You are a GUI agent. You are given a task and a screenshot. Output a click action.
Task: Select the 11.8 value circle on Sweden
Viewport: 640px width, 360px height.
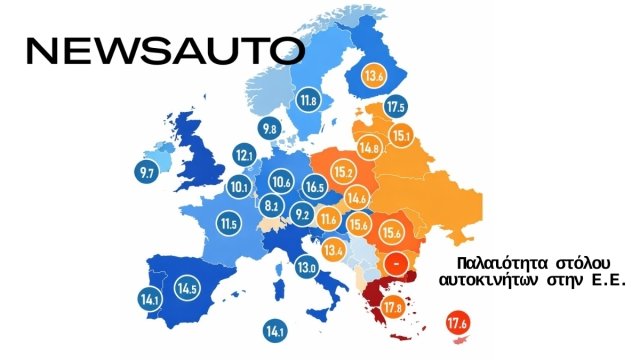[x=308, y=100]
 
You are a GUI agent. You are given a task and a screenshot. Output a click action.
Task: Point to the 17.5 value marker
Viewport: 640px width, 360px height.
[x=396, y=107]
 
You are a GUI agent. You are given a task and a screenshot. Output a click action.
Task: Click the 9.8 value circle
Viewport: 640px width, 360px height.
[x=270, y=128]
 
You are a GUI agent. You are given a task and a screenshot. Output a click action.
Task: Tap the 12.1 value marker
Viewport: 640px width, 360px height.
[x=245, y=155]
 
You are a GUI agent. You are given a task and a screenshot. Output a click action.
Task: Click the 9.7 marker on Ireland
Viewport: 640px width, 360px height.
[x=147, y=173]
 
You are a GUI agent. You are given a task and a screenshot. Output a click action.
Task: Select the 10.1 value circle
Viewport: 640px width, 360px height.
[x=238, y=186]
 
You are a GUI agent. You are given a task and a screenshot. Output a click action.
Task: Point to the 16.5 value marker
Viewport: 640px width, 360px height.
[x=315, y=187]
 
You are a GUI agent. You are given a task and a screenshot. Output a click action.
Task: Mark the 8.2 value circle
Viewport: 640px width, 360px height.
[x=271, y=205]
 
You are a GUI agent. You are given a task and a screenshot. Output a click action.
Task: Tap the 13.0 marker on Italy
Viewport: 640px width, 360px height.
[x=306, y=267]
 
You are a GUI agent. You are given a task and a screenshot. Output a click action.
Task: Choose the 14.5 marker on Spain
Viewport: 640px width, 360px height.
[x=186, y=289]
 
